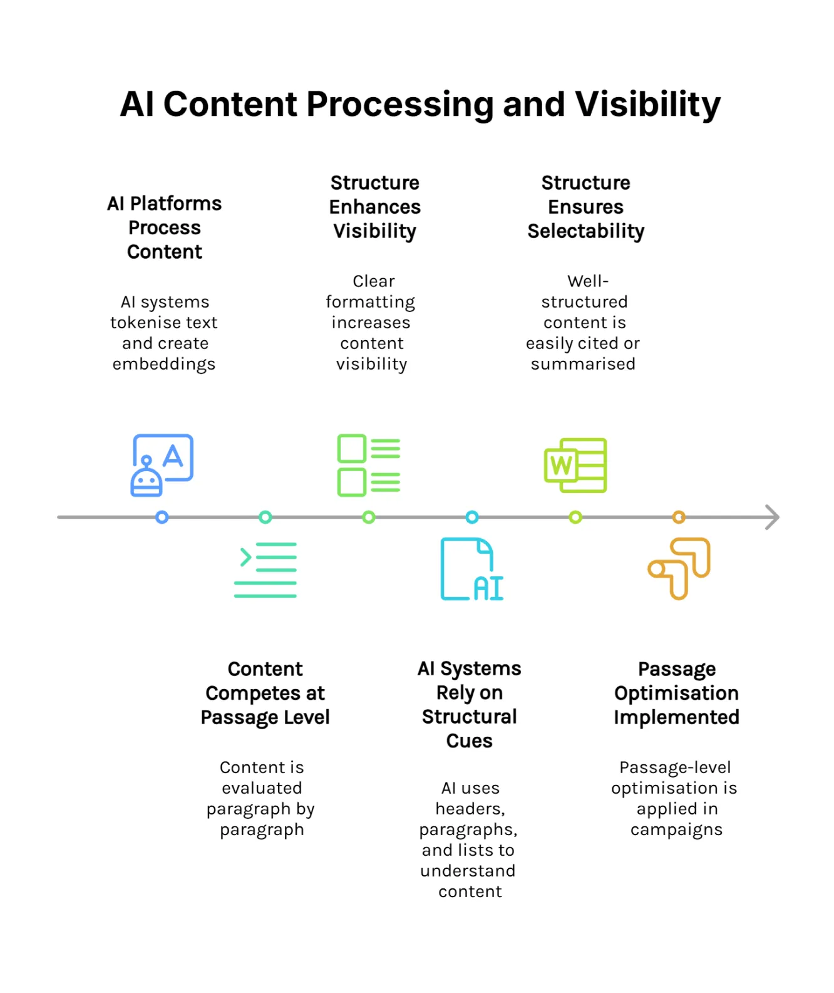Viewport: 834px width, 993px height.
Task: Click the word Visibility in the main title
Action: (647, 105)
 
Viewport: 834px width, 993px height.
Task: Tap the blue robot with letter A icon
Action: (162, 465)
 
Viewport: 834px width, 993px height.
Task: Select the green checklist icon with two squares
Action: (368, 465)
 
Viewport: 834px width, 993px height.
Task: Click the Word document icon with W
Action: (575, 465)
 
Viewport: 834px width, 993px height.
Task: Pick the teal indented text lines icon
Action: (265, 569)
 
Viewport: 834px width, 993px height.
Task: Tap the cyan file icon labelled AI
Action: (471, 569)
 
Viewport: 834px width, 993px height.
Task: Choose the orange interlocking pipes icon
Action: (679, 568)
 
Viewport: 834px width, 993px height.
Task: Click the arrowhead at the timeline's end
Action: (773, 517)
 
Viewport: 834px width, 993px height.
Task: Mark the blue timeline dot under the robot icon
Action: (162, 517)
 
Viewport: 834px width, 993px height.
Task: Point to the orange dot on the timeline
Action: (679, 517)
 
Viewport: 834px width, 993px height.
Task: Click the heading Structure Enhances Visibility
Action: (374, 207)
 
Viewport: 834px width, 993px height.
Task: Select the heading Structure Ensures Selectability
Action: (585, 207)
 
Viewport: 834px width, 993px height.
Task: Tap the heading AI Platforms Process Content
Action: (165, 227)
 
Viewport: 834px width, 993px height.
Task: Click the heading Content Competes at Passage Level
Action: (265, 693)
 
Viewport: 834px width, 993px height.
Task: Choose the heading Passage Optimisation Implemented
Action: (676, 693)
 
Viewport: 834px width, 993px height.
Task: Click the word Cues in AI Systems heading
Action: (469, 741)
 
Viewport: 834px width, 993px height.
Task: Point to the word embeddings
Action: (164, 364)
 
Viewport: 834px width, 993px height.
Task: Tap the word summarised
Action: (583, 364)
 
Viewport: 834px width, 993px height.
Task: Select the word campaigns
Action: (676, 829)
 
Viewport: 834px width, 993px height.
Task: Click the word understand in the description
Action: (468, 871)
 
